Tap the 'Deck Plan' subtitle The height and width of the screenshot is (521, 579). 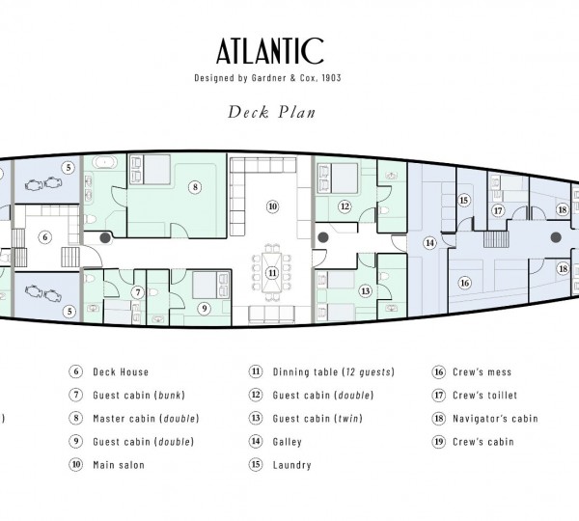tap(272, 111)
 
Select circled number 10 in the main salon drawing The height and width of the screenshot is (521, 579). tap(272, 206)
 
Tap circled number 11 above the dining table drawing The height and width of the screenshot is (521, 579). tap(272, 273)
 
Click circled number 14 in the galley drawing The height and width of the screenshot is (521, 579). tap(430, 243)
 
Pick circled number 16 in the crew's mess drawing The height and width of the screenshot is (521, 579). tap(464, 283)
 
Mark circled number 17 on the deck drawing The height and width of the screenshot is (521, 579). tap(498, 210)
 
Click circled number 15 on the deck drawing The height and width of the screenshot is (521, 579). tap(463, 201)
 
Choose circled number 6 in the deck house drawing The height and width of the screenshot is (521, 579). tap(44, 236)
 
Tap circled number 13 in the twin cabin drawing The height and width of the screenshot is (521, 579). tap(365, 290)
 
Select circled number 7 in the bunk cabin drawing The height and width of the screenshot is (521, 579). tap(138, 291)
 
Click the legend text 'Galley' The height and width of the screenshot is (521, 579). tap(288, 442)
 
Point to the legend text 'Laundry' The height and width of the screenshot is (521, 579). tap(291, 465)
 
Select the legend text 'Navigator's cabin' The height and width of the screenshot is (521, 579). tap(495, 419)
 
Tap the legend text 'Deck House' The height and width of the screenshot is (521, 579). tap(121, 371)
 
